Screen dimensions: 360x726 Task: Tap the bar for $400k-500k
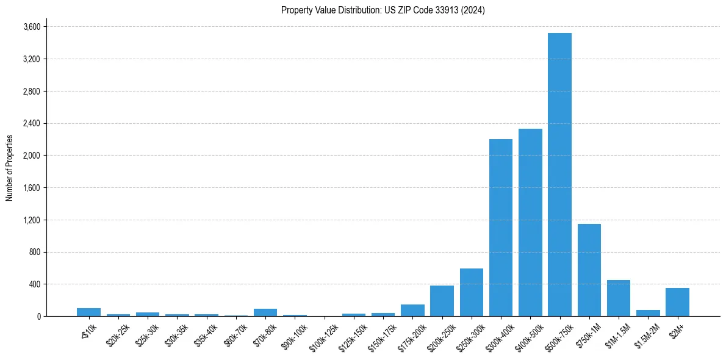click(530, 222)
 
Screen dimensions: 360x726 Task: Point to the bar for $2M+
click(677, 302)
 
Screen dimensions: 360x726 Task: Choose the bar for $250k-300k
click(471, 292)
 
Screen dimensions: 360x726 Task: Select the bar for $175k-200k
click(412, 310)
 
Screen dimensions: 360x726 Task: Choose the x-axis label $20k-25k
click(118, 333)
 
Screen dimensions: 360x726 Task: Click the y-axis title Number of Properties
click(9, 168)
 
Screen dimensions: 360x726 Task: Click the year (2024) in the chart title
click(473, 10)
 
